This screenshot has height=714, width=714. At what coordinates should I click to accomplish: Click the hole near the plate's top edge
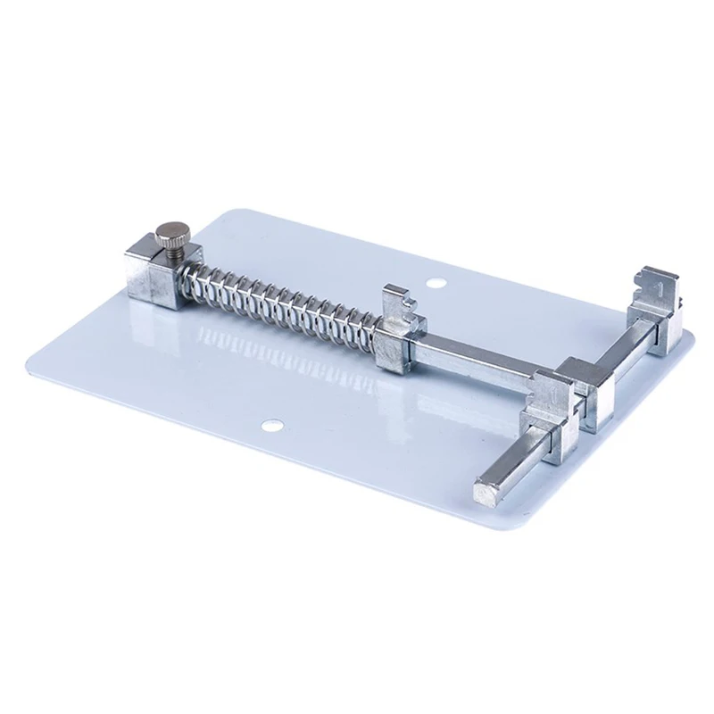(x=436, y=284)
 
